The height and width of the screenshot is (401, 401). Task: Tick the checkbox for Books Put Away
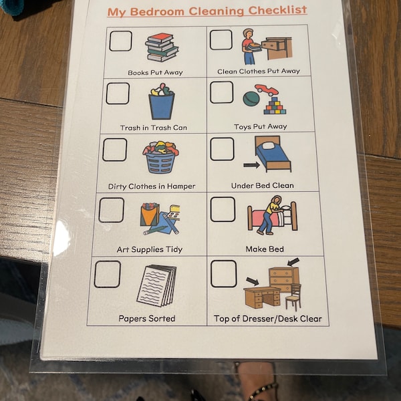[x=120, y=41]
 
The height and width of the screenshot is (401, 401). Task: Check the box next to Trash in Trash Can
[x=117, y=94]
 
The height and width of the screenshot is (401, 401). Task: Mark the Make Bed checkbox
[x=222, y=209]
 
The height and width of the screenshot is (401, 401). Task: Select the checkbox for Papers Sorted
[x=107, y=273]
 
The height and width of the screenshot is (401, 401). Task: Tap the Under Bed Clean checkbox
[x=222, y=149]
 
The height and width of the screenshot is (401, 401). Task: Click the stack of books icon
[x=162, y=47]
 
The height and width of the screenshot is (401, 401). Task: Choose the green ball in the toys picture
[x=251, y=98]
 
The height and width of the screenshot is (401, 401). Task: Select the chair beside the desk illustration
[x=292, y=297]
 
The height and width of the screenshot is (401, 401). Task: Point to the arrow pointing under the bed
[x=251, y=163]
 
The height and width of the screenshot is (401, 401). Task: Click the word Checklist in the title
[x=275, y=10]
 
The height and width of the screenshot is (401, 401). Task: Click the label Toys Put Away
[x=260, y=127]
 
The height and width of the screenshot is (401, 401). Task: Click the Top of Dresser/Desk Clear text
[x=267, y=318]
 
